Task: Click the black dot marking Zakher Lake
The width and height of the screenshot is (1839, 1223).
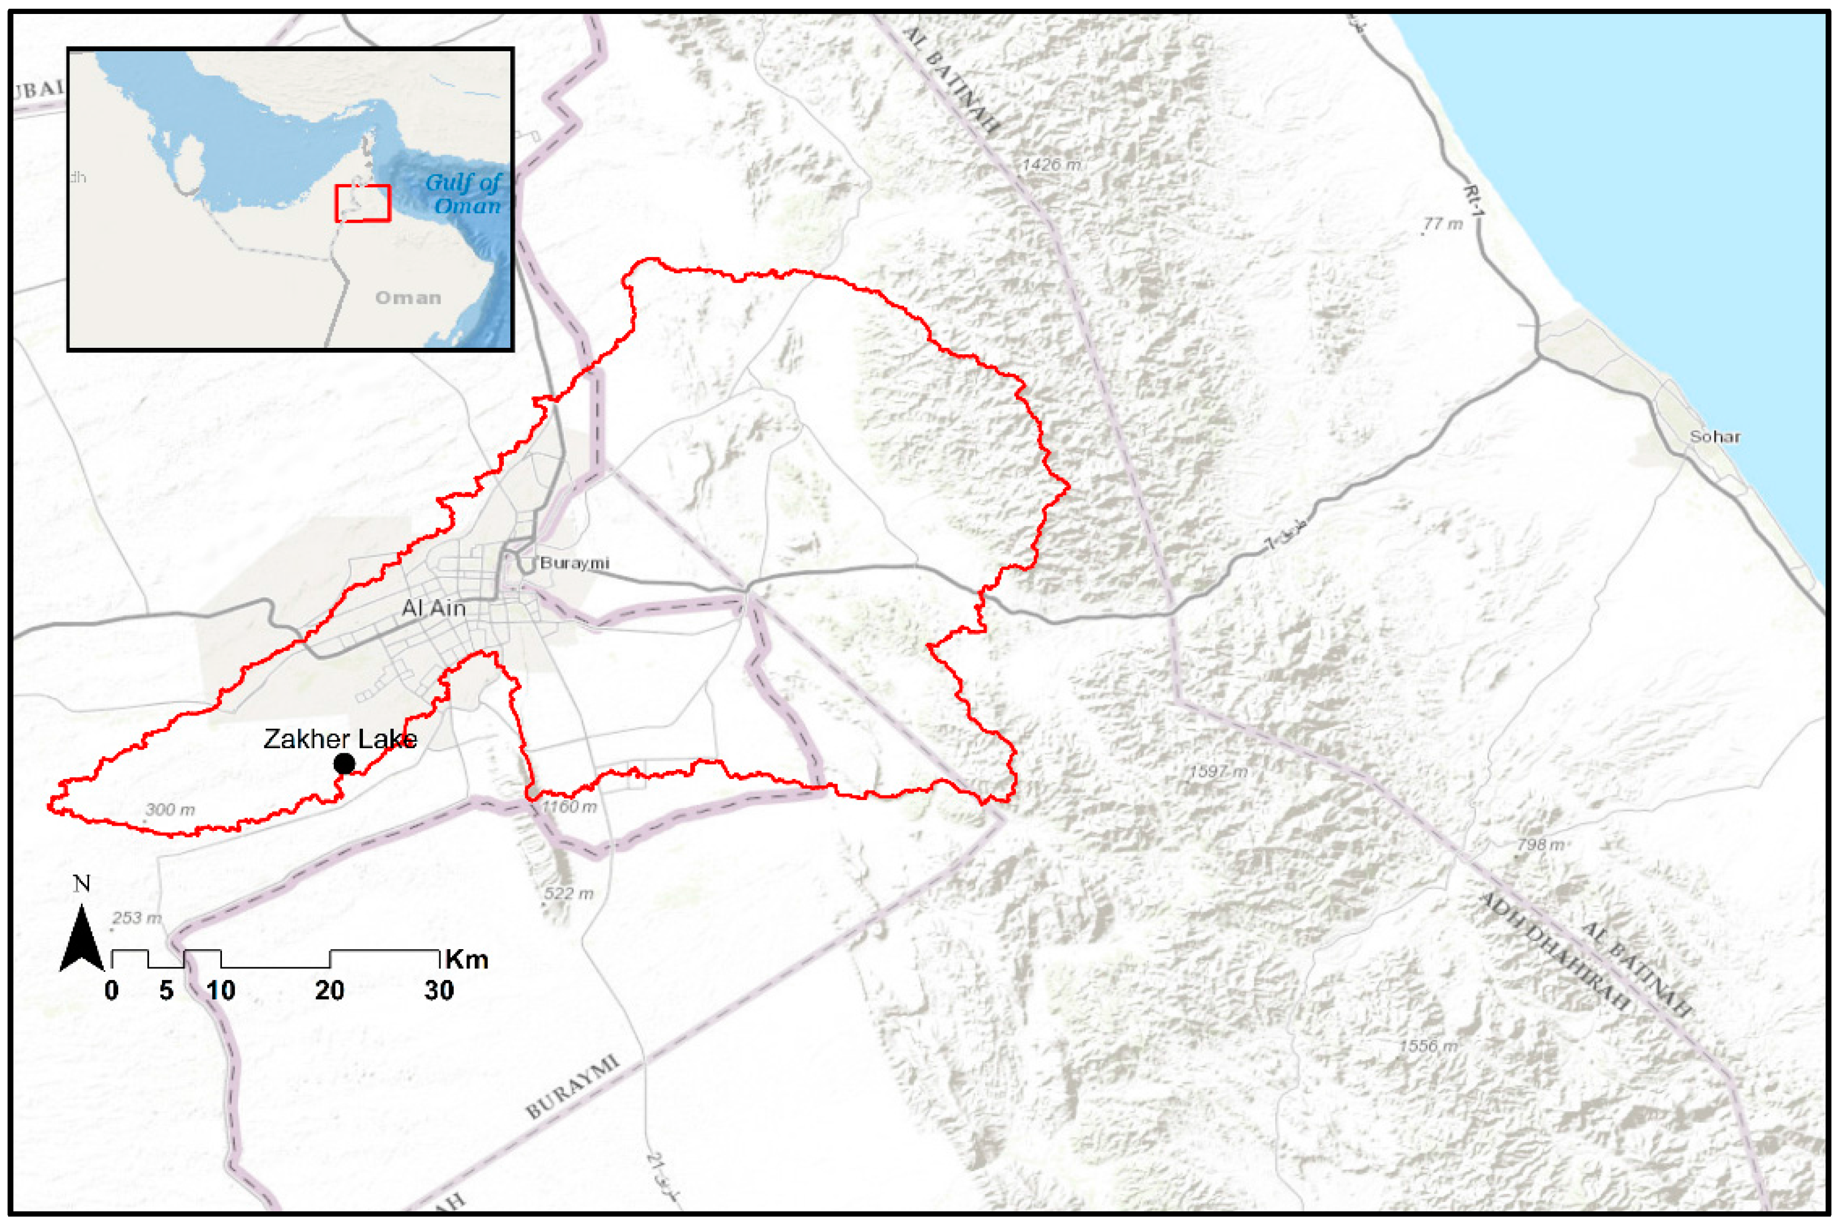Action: (344, 764)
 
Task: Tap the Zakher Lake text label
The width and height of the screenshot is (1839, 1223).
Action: (340, 739)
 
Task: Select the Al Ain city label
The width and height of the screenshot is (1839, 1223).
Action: (433, 608)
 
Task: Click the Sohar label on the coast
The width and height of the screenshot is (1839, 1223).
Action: (1714, 437)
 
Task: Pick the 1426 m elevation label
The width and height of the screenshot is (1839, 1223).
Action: (1051, 164)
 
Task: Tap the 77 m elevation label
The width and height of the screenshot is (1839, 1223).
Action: (1442, 224)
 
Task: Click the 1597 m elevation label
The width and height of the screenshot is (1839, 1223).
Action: (1217, 771)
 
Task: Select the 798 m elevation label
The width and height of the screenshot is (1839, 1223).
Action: (1540, 845)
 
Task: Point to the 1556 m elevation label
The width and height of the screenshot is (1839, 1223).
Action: (1428, 1046)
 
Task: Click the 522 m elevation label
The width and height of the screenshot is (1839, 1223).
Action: (569, 893)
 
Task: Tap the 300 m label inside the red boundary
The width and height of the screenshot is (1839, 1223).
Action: (170, 810)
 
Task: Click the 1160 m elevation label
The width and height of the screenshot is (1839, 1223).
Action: (569, 806)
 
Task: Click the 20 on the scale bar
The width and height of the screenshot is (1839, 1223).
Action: (329, 991)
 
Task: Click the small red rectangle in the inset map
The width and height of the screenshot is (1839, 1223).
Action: (362, 203)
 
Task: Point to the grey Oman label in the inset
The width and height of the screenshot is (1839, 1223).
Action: (408, 298)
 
